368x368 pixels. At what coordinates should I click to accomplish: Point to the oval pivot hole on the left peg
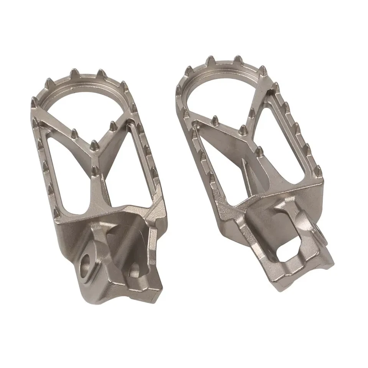pyautogui.click(x=87, y=264)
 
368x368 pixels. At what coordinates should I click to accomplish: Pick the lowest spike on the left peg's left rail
pyautogui.click(x=56, y=212)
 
